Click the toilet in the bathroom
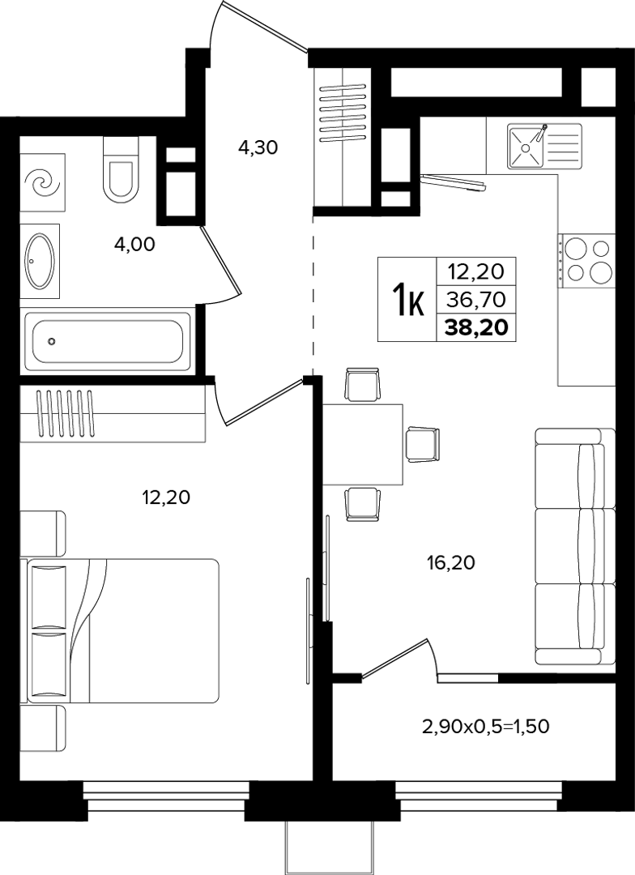[121, 170]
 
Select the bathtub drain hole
[52, 341]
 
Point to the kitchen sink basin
[525, 146]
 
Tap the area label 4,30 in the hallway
[258, 147]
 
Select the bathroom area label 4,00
[134, 244]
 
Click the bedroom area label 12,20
[166, 496]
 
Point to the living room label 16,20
[451, 562]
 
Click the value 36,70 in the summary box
[476, 301]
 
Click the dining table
[363, 444]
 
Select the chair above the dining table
[363, 384]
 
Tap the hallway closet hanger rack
[343, 112]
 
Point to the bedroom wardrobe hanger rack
[66, 413]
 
